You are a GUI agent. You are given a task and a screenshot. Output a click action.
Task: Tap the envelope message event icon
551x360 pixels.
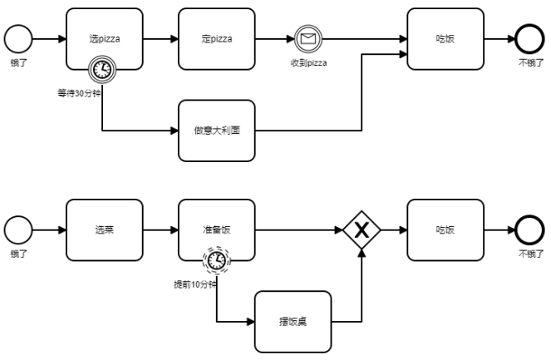click(307, 39)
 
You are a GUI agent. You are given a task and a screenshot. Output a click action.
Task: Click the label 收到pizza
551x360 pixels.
click(307, 63)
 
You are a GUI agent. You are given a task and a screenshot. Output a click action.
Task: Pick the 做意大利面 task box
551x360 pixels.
click(217, 131)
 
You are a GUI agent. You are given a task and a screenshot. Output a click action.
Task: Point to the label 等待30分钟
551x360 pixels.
click(79, 93)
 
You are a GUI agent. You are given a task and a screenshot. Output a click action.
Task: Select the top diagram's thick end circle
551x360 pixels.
click(529, 39)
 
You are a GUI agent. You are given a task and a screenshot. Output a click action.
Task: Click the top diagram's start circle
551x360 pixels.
click(18, 39)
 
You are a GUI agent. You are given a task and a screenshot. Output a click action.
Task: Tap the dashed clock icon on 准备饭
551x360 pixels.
click(216, 261)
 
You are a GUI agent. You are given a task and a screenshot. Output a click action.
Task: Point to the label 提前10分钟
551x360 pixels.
click(194, 284)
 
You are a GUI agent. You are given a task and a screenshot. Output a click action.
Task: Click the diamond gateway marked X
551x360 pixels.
click(362, 230)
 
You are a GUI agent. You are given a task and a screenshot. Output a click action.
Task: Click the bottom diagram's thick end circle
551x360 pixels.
click(529, 230)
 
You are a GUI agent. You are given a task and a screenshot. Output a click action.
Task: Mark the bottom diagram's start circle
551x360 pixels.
click(18, 230)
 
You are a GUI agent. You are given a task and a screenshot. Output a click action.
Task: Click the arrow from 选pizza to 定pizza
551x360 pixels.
click(160, 39)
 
